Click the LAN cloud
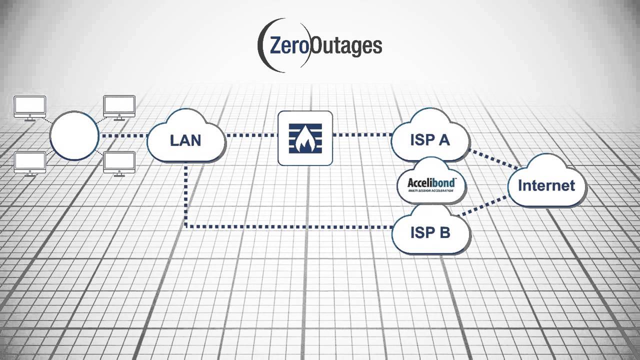coord(185,140)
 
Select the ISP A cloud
coord(430,140)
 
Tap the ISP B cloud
coord(430,233)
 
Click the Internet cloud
coord(546,185)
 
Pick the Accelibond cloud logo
coord(431,184)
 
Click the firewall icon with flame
coord(305,138)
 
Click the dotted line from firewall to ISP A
coord(361,135)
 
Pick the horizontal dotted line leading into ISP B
coord(290,227)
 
